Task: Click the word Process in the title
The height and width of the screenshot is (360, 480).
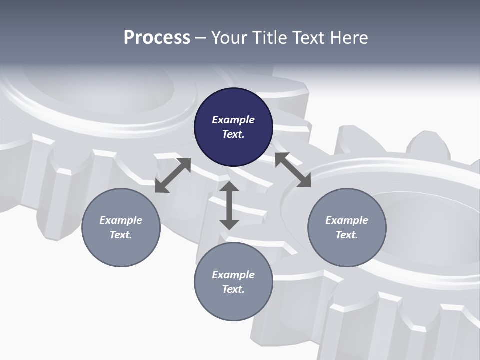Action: click(157, 38)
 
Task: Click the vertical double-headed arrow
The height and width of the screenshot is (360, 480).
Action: click(229, 205)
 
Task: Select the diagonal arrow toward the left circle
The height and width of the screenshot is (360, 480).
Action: click(173, 175)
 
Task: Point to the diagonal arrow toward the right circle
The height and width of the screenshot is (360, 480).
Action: click(293, 170)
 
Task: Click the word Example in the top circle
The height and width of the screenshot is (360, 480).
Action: click(233, 120)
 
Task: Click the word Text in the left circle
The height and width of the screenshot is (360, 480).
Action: click(121, 235)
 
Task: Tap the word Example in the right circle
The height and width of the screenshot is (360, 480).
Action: click(347, 220)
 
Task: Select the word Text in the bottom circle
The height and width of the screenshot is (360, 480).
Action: click(233, 289)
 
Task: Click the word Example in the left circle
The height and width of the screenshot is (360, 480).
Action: click(121, 220)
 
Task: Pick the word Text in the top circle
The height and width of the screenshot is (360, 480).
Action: click(233, 134)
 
